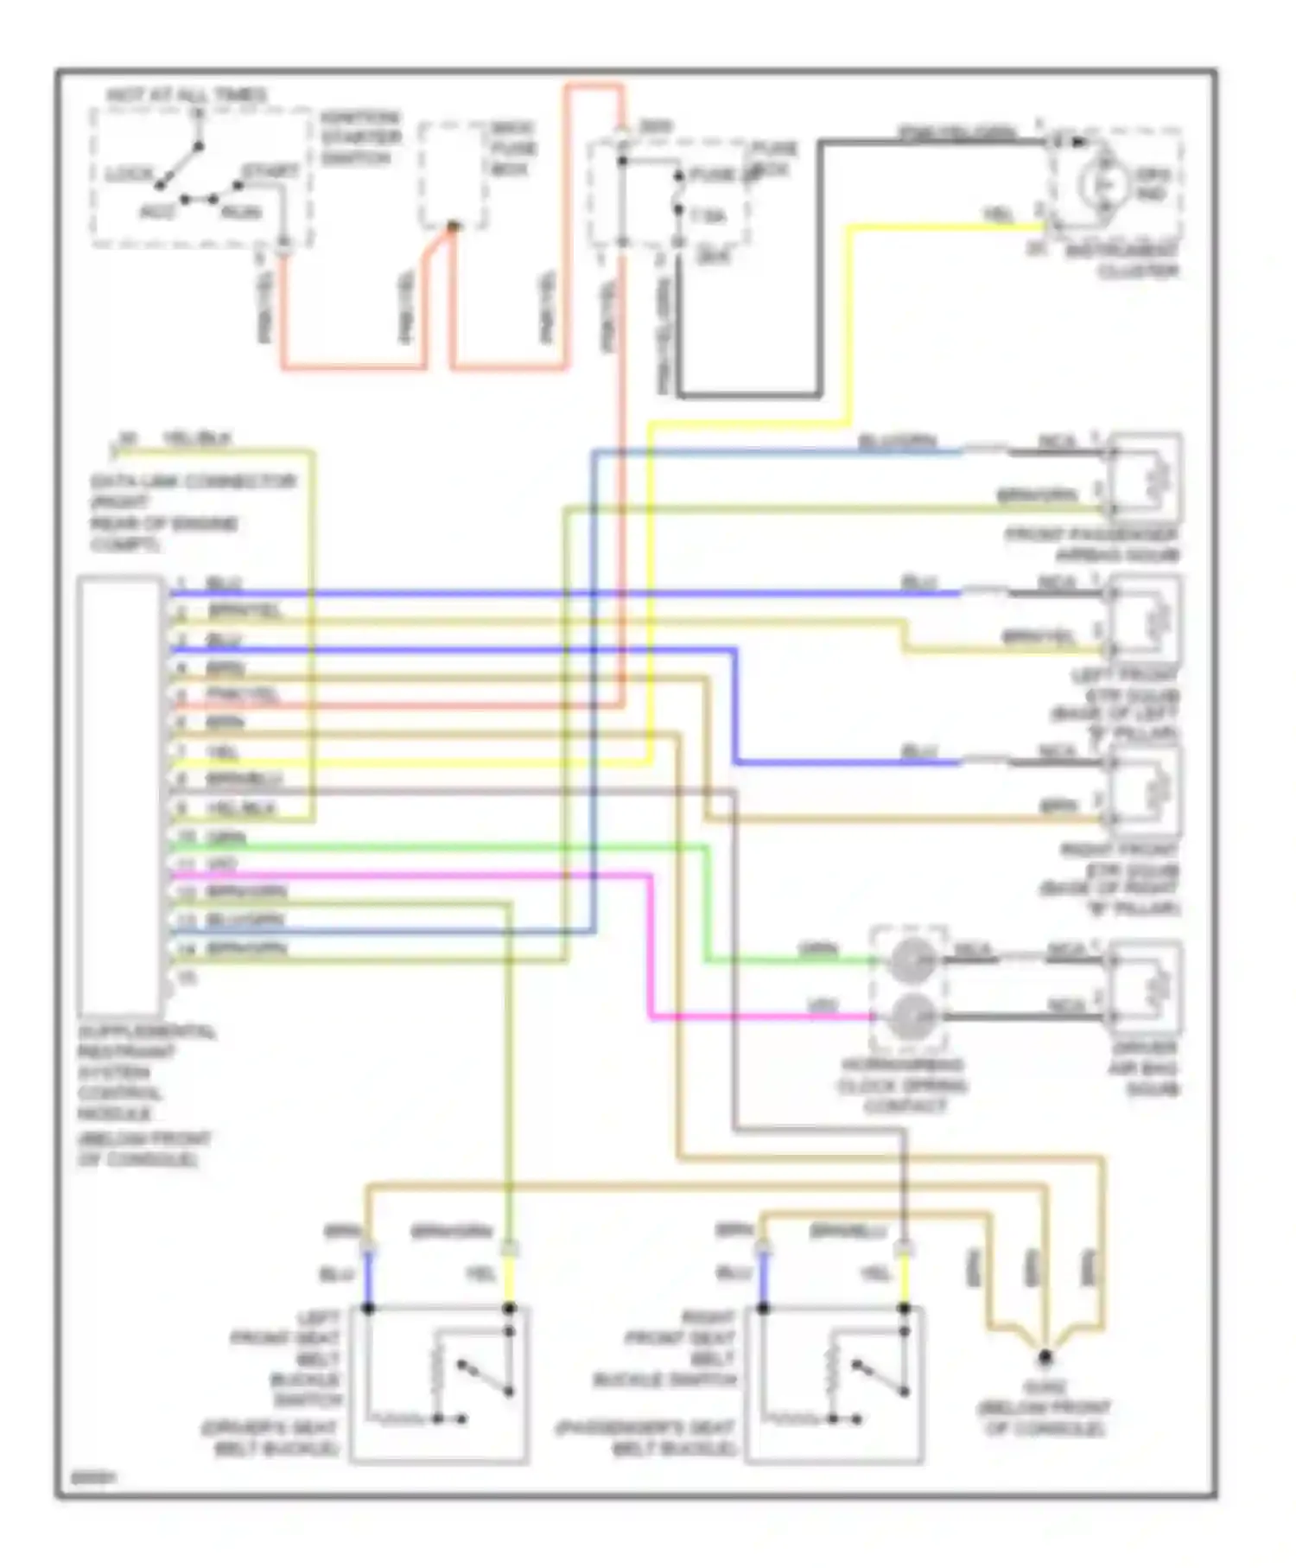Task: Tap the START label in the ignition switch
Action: (x=270, y=171)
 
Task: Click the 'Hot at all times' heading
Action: (x=186, y=95)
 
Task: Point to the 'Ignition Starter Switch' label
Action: (x=360, y=137)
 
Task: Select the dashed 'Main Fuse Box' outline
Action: (x=452, y=175)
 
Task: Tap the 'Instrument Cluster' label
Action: (x=1133, y=260)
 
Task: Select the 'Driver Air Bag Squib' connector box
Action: (x=1146, y=985)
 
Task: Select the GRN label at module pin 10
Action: (x=226, y=837)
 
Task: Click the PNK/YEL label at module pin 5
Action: (x=242, y=695)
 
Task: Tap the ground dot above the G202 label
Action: (x=1045, y=1356)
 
